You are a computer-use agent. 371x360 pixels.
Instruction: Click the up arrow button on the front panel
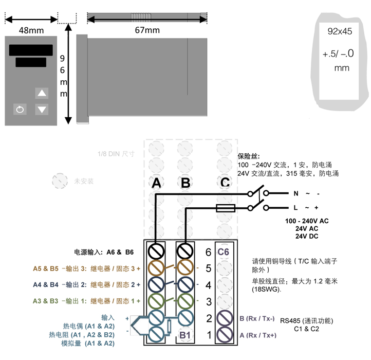[x=42, y=93]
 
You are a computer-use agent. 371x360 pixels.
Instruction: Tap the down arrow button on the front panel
[x=42, y=109]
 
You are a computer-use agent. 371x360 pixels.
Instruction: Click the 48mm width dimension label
[x=31, y=31]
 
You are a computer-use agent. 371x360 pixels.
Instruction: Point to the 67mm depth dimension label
[x=147, y=31]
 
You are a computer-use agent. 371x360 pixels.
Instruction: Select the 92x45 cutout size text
[x=340, y=31]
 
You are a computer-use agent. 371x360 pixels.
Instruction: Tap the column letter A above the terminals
[x=157, y=183]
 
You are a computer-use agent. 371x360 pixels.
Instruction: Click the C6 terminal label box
[x=223, y=251]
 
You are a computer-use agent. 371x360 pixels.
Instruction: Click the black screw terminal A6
[x=156, y=251]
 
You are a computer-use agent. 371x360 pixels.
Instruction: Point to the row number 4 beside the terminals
[x=208, y=284]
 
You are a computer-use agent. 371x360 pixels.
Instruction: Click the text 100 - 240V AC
[x=307, y=221]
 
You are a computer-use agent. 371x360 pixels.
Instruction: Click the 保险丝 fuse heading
[x=248, y=156]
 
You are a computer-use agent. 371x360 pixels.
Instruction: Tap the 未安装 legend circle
[x=60, y=181]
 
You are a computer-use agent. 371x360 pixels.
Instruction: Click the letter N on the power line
[x=295, y=194]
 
